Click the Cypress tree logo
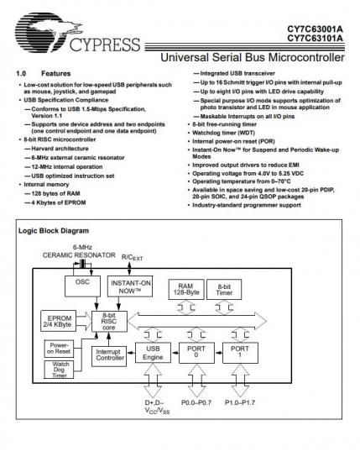(x=49, y=33)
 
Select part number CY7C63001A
(x=316, y=29)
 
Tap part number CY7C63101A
(x=316, y=39)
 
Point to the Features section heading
(x=56, y=73)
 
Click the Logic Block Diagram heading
(x=54, y=231)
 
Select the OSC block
(x=82, y=286)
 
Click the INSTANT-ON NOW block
(x=130, y=286)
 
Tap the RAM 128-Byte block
(x=186, y=289)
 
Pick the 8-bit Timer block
(x=224, y=289)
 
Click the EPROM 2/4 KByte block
(x=58, y=321)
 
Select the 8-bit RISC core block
(x=109, y=321)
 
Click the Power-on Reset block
(x=59, y=349)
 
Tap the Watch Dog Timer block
(x=59, y=370)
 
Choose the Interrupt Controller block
(x=109, y=356)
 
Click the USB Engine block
(x=153, y=353)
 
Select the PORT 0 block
(x=196, y=353)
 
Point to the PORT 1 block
(x=240, y=353)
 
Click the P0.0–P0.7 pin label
(x=196, y=402)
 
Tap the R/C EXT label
(x=132, y=258)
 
